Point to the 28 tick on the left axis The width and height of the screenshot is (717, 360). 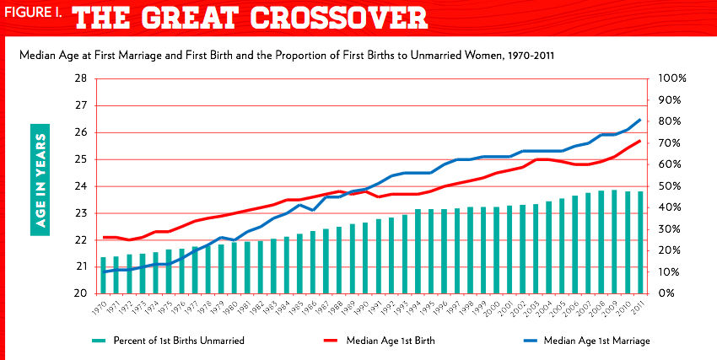tap(82, 78)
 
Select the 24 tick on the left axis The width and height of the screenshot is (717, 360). tap(82, 186)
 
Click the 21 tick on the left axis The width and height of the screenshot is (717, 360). tap(82, 266)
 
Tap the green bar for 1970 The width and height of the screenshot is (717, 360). tap(104, 275)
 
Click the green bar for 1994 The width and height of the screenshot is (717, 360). tap(418, 251)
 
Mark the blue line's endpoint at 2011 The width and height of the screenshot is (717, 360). tap(639, 120)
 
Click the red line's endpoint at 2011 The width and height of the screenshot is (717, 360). tap(639, 141)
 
